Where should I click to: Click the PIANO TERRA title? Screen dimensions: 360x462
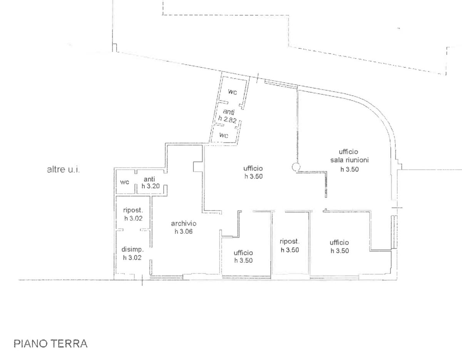(50, 343)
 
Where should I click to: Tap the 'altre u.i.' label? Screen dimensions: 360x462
(63, 170)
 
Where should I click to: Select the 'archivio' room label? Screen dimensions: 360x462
(184, 223)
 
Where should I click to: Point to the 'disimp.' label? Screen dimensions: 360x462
(132, 249)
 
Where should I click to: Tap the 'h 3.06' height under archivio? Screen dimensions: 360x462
(184, 231)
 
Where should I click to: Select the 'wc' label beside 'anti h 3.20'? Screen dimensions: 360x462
(124, 182)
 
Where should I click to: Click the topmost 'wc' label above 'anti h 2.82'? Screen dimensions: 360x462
(232, 92)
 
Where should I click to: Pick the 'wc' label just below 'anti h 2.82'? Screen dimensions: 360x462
(224, 135)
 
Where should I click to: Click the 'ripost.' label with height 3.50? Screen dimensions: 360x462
(290, 241)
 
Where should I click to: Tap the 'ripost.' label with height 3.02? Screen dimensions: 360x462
(133, 211)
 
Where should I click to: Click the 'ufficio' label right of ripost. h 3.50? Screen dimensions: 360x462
(339, 242)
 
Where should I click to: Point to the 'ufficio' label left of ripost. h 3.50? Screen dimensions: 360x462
(243, 253)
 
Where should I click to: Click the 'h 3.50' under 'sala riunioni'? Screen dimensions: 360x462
(350, 169)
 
